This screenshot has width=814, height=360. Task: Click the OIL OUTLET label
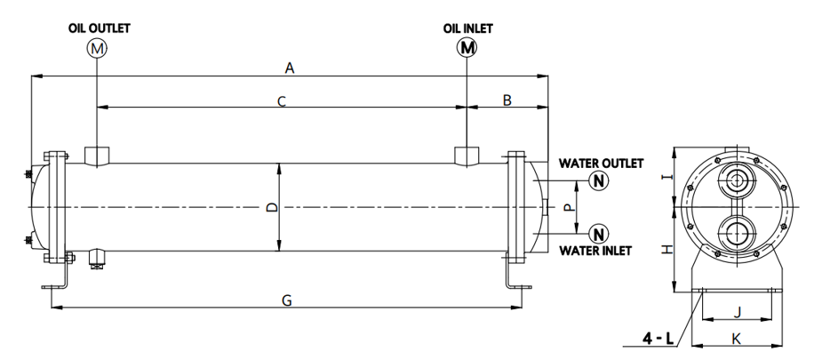[99, 28]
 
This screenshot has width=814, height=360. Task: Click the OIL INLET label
[468, 28]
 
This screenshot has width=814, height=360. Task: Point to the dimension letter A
[288, 68]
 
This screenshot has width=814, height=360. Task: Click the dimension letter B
[507, 100]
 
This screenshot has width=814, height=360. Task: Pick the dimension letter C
[280, 101]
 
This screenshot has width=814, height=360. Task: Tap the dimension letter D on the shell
[272, 207]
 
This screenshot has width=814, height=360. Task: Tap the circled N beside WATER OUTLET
[600, 181]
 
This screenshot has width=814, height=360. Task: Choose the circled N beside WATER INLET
[600, 235]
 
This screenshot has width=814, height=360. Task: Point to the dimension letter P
[566, 208]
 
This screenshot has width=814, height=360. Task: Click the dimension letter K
[735, 338]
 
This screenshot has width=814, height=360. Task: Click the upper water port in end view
[736, 181]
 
